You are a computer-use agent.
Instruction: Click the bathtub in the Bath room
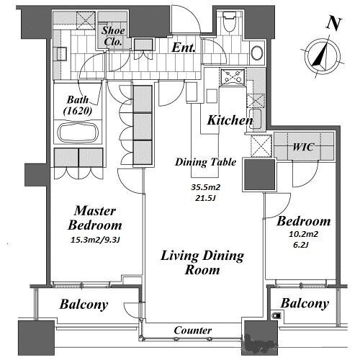(x=78, y=132)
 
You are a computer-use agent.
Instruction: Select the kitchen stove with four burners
(x=233, y=77)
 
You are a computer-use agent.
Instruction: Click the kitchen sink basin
(x=256, y=119)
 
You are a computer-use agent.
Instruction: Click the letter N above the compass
(x=334, y=24)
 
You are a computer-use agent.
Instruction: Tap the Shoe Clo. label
(x=113, y=36)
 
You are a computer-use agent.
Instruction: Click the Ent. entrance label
(x=183, y=48)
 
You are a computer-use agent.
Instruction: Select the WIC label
(x=303, y=147)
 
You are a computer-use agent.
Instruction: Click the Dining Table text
(x=206, y=162)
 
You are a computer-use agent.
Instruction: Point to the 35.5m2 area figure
(x=205, y=187)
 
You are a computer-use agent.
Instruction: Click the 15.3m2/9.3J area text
(x=95, y=240)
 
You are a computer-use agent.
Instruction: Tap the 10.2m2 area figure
(x=303, y=234)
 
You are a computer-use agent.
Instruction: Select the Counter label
(x=193, y=330)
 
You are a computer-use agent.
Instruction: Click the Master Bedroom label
(x=95, y=218)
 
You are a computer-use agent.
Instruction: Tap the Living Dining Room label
(x=202, y=263)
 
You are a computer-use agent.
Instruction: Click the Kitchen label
(x=230, y=120)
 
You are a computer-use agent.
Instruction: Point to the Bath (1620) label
(x=78, y=105)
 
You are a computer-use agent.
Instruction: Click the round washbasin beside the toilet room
(x=256, y=53)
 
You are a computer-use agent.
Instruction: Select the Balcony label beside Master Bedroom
(x=84, y=305)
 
